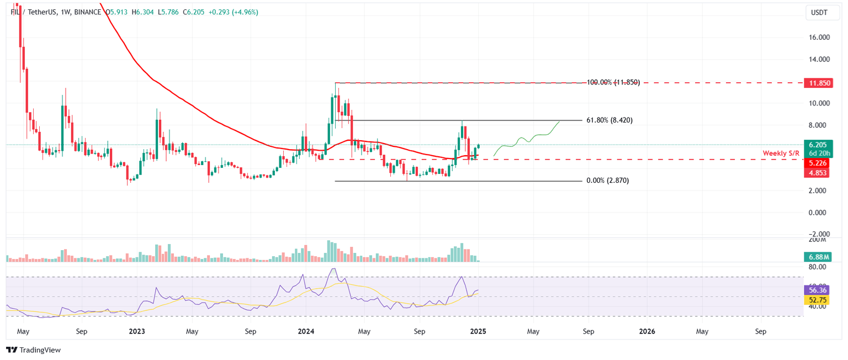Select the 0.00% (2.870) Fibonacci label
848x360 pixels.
point(607,181)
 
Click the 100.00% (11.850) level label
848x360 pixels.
point(613,82)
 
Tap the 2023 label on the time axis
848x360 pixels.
point(136,332)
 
